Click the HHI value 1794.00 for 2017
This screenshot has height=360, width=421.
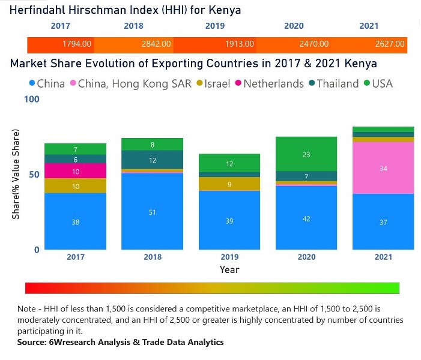click(x=77, y=44)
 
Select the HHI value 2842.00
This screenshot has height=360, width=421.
click(x=156, y=44)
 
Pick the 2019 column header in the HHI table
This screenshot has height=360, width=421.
click(x=215, y=26)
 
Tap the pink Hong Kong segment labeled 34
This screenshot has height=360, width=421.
click(x=383, y=168)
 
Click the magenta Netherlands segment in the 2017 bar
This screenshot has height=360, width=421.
click(x=76, y=171)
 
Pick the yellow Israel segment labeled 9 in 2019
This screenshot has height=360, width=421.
click(x=229, y=184)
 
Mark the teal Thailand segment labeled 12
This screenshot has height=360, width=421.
click(x=153, y=160)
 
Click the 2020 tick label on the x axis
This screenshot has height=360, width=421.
click(x=306, y=257)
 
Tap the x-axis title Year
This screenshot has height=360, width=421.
click(x=229, y=269)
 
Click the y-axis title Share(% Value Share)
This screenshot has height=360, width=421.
click(x=16, y=173)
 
